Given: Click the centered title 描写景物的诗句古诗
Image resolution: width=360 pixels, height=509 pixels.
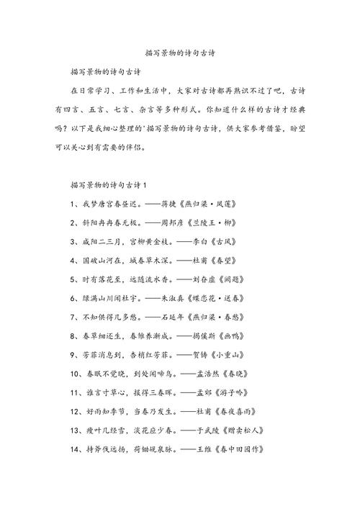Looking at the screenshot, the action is (180, 53).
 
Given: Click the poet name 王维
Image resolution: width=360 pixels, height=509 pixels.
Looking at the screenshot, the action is (205, 449).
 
